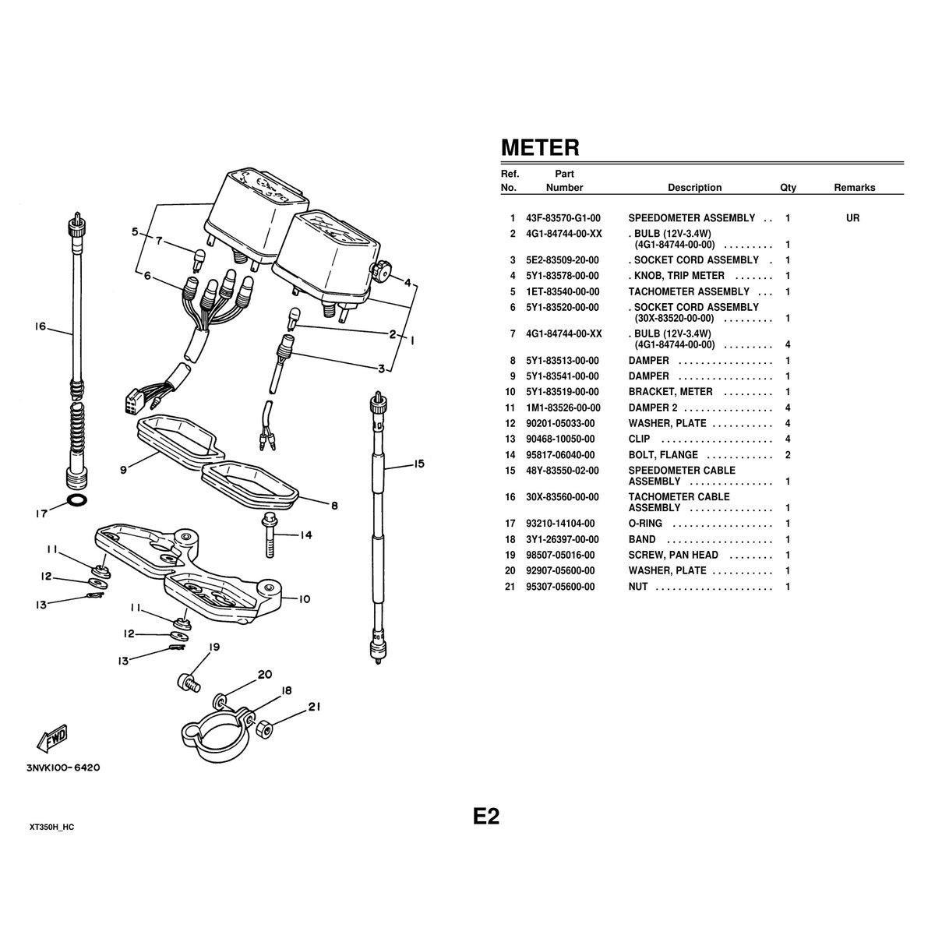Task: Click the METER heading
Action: tap(540, 147)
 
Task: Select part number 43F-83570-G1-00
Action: tap(563, 218)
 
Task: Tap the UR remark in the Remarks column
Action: tap(852, 218)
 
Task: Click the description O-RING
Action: tap(645, 524)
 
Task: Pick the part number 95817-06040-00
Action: tap(560, 455)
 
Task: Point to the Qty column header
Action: tap(788, 188)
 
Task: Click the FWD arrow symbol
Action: tap(52, 739)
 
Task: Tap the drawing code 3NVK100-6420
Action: tap(64, 768)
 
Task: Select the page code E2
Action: tap(486, 817)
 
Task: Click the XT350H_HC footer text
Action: tap(52, 827)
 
